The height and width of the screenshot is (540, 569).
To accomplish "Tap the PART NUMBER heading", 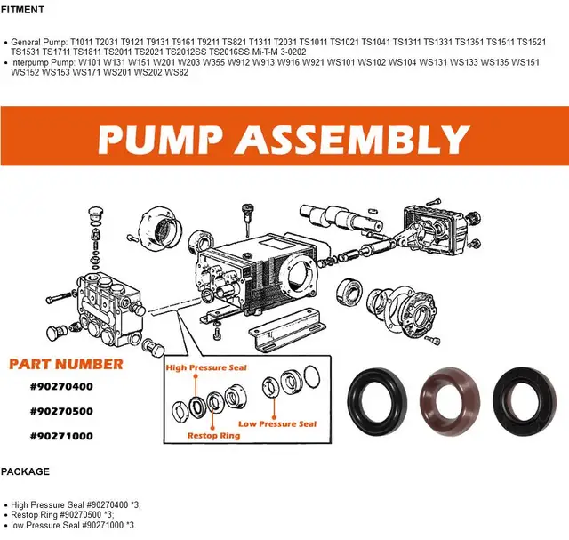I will pos(66,364).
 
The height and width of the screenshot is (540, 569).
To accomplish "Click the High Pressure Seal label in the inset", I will pos(206,367).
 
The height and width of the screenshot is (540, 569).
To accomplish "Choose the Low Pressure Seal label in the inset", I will pos(277,424).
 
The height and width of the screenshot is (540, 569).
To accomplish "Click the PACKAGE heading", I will pos(25,471).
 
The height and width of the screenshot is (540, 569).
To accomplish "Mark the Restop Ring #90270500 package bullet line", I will pos(62,514).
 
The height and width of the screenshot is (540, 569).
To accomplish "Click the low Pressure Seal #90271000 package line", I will pos(75,525).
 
